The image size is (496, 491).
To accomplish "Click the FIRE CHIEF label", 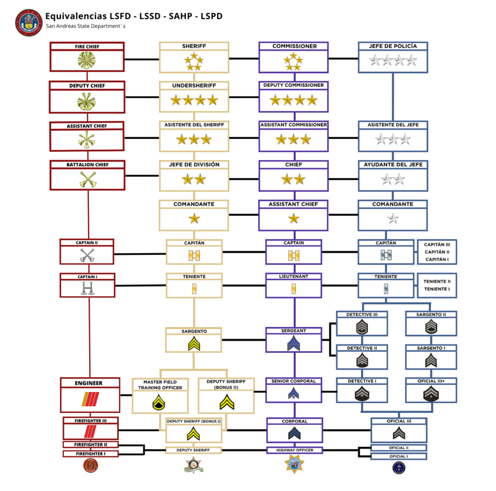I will (x=87, y=47).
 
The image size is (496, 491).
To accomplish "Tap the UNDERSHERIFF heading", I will (x=194, y=85).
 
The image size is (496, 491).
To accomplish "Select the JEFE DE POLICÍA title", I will (x=392, y=46).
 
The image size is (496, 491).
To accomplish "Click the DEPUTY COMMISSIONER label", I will (x=294, y=85).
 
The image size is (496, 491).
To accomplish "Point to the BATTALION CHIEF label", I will (x=87, y=165).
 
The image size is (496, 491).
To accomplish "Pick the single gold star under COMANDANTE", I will (x=194, y=219).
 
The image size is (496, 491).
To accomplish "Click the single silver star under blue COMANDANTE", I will (x=393, y=219).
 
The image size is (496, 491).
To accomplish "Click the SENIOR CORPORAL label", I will (x=294, y=381).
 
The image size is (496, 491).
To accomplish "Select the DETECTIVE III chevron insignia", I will (x=362, y=328).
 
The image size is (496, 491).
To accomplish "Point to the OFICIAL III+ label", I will (x=431, y=381).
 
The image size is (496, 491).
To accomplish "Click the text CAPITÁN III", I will (x=437, y=245).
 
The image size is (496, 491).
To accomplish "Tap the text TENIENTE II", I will (x=437, y=281).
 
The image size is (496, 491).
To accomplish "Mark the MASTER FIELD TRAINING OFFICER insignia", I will (x=160, y=402).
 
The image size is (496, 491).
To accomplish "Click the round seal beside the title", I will (x=30, y=22).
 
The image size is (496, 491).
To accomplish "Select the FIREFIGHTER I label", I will (x=90, y=454).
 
